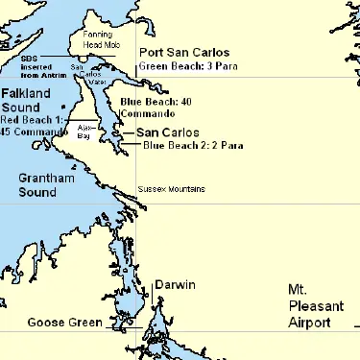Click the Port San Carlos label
(184, 52)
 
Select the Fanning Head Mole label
(102, 39)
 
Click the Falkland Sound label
(26, 100)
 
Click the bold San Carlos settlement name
(167, 132)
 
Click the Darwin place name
(174, 285)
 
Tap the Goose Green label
(64, 322)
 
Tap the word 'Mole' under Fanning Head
(113, 44)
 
